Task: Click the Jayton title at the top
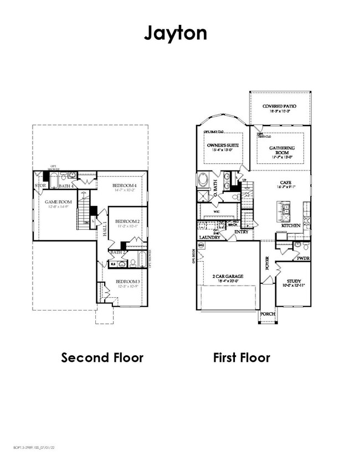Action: pyautogui.click(x=176, y=33)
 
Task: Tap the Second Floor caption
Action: pyautogui.click(x=102, y=358)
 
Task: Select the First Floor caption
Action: pyautogui.click(x=241, y=358)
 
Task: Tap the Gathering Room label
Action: pyautogui.click(x=282, y=151)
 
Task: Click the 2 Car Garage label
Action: pyautogui.click(x=228, y=276)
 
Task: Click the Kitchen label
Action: pyautogui.click(x=291, y=226)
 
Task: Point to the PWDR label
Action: pyautogui.click(x=303, y=258)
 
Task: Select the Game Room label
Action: pyautogui.click(x=56, y=202)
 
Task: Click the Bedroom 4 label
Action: pyautogui.click(x=125, y=185)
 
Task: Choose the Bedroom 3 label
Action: pyautogui.click(x=128, y=282)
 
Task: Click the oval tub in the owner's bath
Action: pyautogui.click(x=203, y=181)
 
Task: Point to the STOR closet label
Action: pyautogui.click(x=40, y=186)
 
